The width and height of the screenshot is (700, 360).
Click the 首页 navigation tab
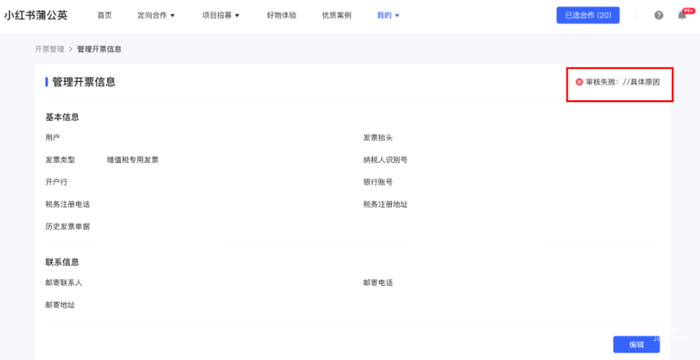pyautogui.click(x=104, y=15)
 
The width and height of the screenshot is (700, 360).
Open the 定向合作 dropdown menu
pyautogui.click(x=156, y=15)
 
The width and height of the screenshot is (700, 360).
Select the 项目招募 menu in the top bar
pyautogui.click(x=221, y=15)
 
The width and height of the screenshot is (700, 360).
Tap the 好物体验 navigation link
pyautogui.click(x=281, y=15)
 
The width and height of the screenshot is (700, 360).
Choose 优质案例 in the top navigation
pyautogui.click(x=337, y=15)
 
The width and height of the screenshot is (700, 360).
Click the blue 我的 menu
pyautogui.click(x=388, y=15)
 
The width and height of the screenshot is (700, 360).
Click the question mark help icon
pyautogui.click(x=658, y=15)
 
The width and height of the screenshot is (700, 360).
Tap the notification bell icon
pyautogui.click(x=682, y=15)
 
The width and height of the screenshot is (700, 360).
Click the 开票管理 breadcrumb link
pyautogui.click(x=49, y=49)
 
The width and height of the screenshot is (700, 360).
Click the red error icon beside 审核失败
pyautogui.click(x=579, y=82)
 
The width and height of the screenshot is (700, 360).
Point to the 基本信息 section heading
pyautogui.click(x=62, y=117)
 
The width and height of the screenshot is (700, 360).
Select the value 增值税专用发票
pyautogui.click(x=132, y=160)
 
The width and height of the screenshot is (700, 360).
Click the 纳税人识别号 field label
pyautogui.click(x=385, y=160)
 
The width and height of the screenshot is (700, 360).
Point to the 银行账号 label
pyautogui.click(x=378, y=182)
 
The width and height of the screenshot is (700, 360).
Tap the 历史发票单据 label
pyautogui.click(x=67, y=226)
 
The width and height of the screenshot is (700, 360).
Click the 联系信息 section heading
pyautogui.click(x=62, y=262)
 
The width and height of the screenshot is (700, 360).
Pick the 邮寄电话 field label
pyautogui.click(x=378, y=282)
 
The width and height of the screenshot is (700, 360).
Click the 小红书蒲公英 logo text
pyautogui.click(x=36, y=15)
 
